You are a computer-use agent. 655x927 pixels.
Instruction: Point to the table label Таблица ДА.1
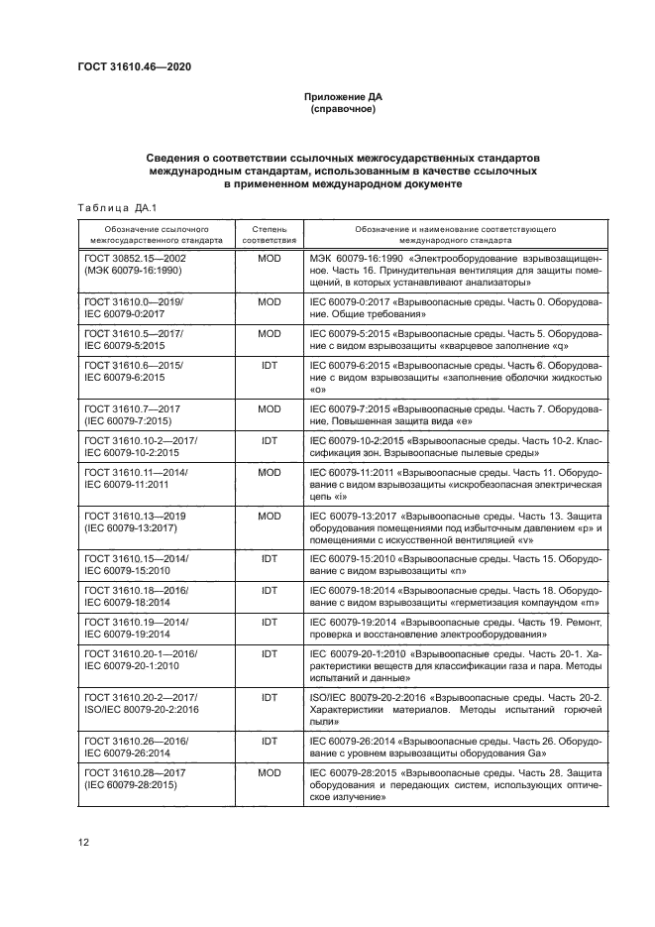tap(112, 206)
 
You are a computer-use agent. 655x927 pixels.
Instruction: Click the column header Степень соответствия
tap(269, 233)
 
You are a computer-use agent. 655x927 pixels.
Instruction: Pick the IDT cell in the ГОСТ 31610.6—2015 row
tap(269, 366)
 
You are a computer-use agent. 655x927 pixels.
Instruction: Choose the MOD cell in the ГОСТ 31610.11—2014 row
tap(269, 473)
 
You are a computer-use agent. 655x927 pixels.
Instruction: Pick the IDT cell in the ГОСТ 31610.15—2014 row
tap(269, 560)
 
